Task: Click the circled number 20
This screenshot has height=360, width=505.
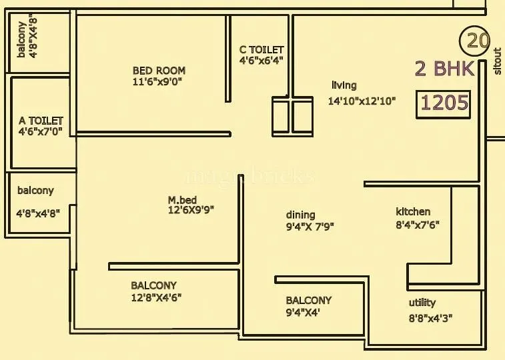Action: pyautogui.click(x=475, y=41)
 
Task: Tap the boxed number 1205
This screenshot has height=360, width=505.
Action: pyautogui.click(x=445, y=103)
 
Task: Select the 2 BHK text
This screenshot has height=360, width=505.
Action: pyautogui.click(x=444, y=69)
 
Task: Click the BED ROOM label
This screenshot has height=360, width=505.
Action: pyautogui.click(x=159, y=70)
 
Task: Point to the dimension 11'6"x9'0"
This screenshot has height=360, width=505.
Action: pyautogui.click(x=157, y=81)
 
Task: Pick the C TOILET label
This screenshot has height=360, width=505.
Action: pyautogui.click(x=262, y=50)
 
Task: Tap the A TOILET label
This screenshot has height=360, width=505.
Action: pyautogui.click(x=41, y=121)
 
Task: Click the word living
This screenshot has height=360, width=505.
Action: pyautogui.click(x=344, y=85)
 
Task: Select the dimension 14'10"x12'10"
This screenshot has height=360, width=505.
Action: pyautogui.click(x=362, y=101)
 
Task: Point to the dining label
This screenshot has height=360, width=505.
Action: pyautogui.click(x=300, y=215)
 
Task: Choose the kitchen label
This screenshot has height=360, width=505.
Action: pyautogui.click(x=413, y=212)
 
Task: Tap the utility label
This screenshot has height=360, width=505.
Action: pyautogui.click(x=422, y=303)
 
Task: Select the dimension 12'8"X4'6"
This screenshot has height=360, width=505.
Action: pyautogui.click(x=156, y=297)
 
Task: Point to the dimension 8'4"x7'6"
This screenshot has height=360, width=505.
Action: pyautogui.click(x=417, y=225)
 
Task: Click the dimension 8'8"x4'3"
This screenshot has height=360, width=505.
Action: pyautogui.click(x=432, y=319)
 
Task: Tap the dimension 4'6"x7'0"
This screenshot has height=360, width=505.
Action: pyautogui.click(x=41, y=132)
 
